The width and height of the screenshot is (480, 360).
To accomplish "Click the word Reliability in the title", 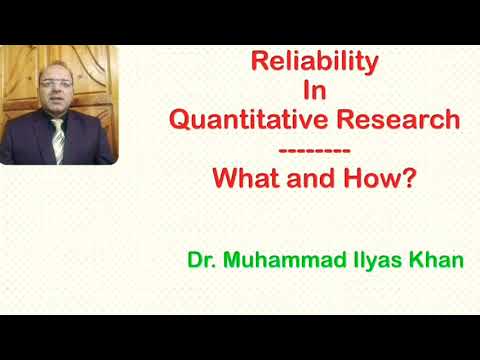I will click(x=315, y=62).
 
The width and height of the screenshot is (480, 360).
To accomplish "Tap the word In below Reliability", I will click(x=315, y=92).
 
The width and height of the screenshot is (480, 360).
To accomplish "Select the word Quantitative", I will click(x=246, y=121).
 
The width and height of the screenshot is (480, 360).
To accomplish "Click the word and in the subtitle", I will click(x=310, y=181).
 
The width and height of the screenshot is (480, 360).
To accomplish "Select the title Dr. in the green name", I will click(x=200, y=261).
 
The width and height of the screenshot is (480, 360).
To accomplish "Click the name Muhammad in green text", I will click(x=276, y=261).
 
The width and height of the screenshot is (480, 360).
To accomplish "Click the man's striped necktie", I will click(x=58, y=140).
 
